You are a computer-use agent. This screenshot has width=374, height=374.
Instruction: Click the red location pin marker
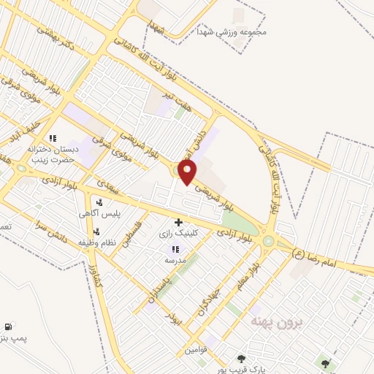188,172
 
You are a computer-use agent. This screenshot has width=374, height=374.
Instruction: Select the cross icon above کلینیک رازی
178,221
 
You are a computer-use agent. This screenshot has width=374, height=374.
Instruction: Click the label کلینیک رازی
175,233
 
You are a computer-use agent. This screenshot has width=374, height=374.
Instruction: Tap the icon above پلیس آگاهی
99,202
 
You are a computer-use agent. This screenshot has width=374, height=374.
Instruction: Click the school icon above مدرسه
175,249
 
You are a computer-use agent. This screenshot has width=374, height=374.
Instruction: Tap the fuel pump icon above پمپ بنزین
7,327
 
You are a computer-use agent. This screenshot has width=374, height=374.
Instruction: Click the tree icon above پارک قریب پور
240,358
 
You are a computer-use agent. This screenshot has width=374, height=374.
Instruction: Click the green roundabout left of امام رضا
268,240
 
